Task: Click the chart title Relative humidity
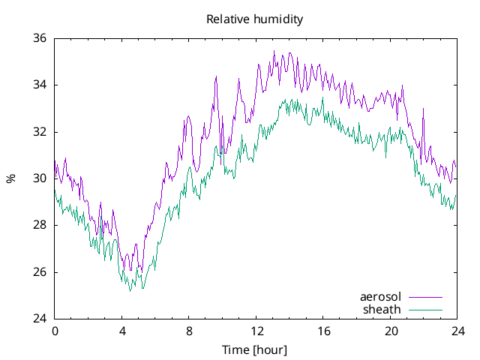coord(255,19)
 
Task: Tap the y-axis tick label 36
coord(40,38)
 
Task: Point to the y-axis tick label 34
coord(40,85)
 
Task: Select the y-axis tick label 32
coord(40,132)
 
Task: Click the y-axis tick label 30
coord(40,178)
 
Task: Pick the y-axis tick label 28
coord(40,225)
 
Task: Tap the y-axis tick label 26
coord(40,272)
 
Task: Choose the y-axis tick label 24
coord(40,319)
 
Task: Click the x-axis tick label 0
coord(55,331)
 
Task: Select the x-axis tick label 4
coord(122,331)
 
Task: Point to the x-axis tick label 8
coord(189,331)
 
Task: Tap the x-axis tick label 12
coord(256,331)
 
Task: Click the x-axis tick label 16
coord(323,331)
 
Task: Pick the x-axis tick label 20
coord(391,331)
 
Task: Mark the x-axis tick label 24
coord(457,331)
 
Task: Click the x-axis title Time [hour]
coord(255,350)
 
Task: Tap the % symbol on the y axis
coord(11,178)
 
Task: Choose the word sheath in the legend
coord(382,309)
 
